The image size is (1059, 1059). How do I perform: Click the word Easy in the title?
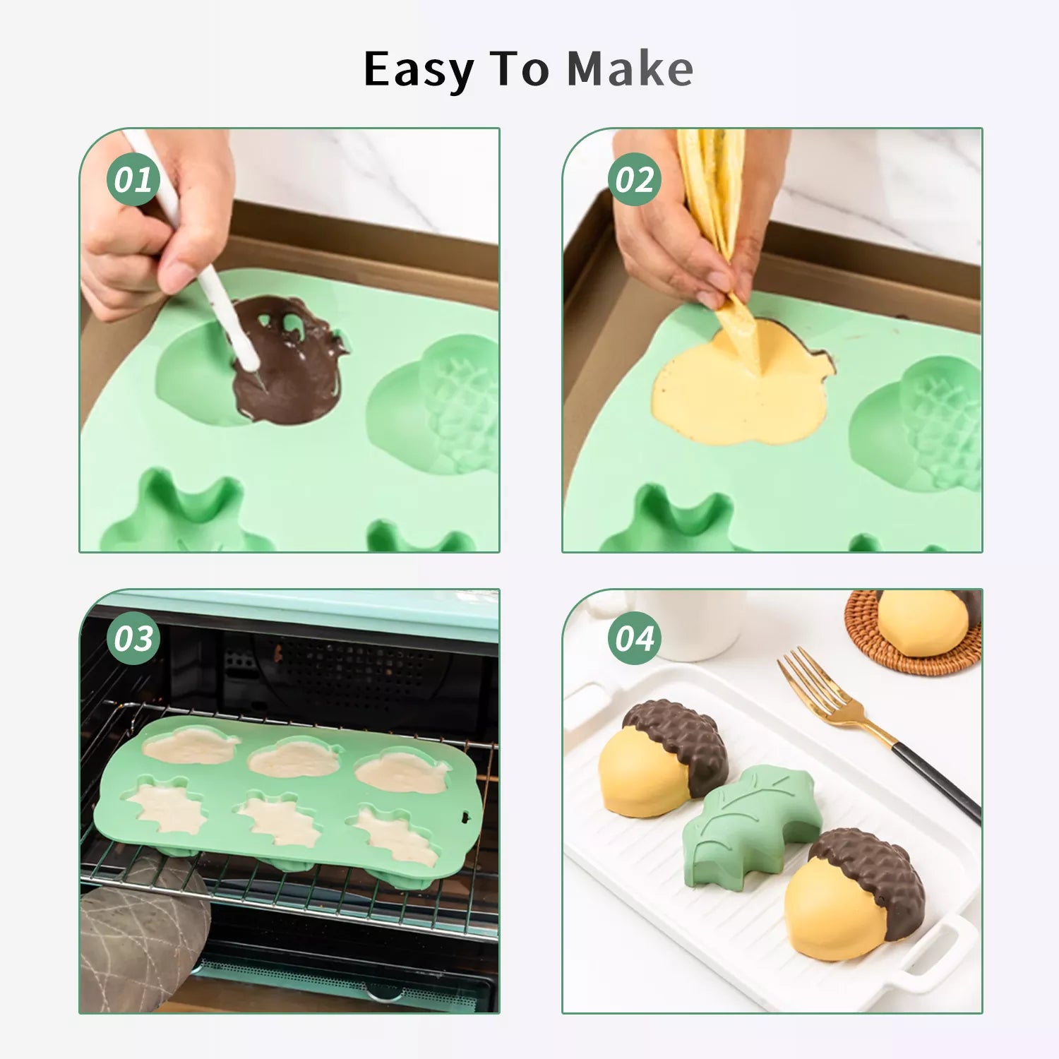pos(418,71)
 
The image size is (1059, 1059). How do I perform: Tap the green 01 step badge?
pos(133,179)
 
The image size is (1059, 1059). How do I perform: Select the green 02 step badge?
pos(635,179)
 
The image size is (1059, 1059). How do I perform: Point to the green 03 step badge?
pos(133,638)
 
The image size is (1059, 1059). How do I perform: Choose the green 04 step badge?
pos(635,638)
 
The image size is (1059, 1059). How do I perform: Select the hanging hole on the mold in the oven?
pos(465,818)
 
